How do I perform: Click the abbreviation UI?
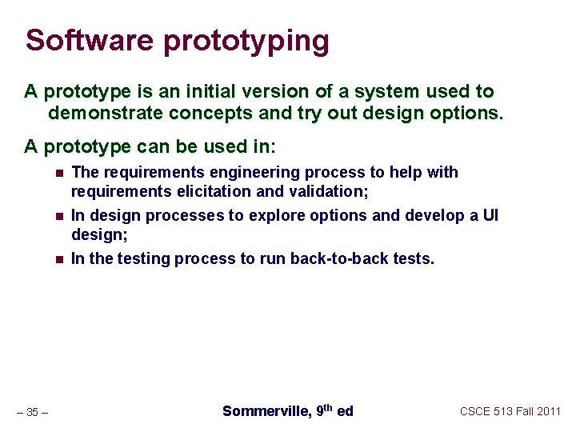(490, 215)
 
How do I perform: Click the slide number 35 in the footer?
(32, 412)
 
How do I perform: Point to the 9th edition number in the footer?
(323, 410)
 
